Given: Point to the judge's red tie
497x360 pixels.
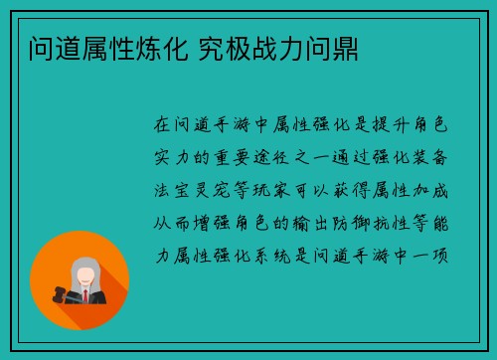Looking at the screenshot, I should (x=85, y=295).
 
